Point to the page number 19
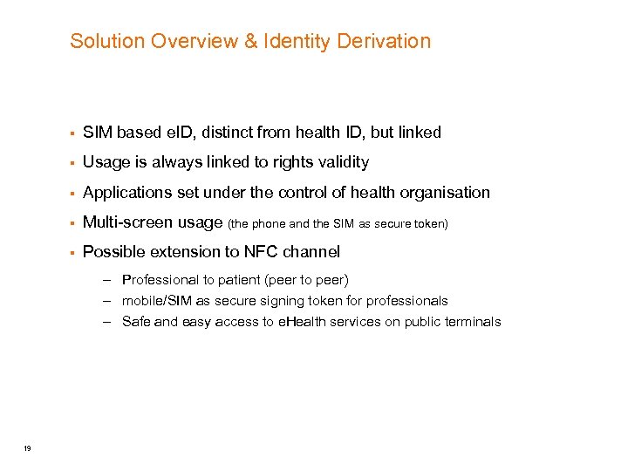tap(28, 448)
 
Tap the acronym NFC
tap(261, 252)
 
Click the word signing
tap(297, 301)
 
